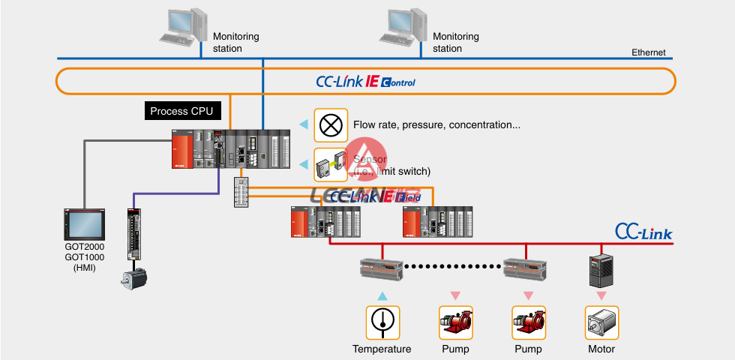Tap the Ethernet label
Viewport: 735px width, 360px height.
point(648,53)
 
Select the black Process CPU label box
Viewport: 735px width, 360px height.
point(181,112)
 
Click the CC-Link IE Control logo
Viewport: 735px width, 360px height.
point(366,81)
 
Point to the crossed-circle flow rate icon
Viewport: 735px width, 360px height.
point(330,124)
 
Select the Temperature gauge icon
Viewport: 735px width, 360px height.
point(382,322)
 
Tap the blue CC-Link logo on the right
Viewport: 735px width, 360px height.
point(643,232)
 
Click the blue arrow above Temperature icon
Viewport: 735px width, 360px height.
point(382,295)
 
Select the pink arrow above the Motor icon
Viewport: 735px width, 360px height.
point(601,295)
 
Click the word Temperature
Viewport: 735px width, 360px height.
point(382,349)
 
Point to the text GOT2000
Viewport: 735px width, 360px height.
point(84,247)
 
